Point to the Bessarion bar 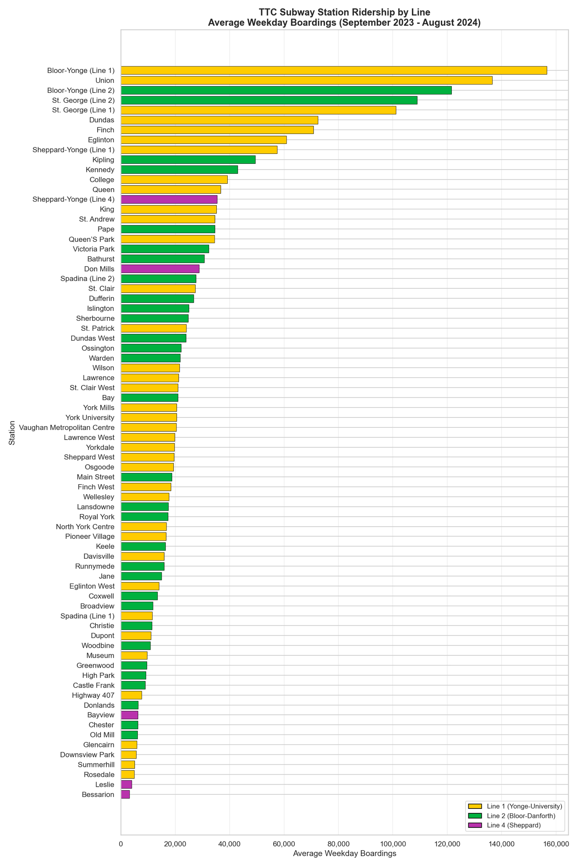(125, 795)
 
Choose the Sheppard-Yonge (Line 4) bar (169, 199)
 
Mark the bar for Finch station (217, 130)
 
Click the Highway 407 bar (131, 695)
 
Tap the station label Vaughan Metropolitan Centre (67, 427)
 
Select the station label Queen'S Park (91, 239)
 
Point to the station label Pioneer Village (90, 537)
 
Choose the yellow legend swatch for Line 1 (475, 806)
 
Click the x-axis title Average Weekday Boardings (345, 854)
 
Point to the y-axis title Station (12, 433)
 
